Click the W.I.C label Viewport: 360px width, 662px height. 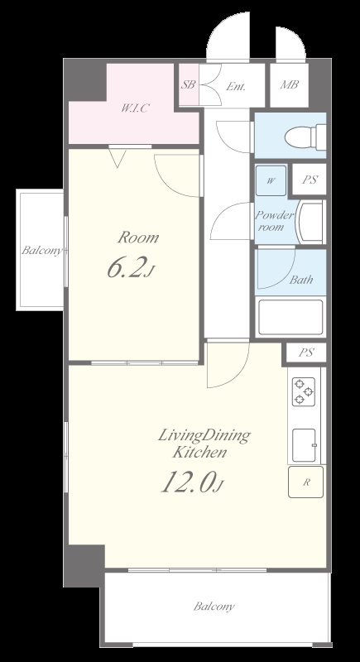coord(135,108)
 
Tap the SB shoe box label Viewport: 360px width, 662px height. coord(188,84)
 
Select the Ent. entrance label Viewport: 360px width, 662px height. coord(236,87)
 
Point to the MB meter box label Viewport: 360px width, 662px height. coord(289,84)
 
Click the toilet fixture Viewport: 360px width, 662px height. coord(305,137)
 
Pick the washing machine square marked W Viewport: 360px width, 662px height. coord(271,180)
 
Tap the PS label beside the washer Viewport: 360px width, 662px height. coord(310,180)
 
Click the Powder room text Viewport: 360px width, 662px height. coord(273,221)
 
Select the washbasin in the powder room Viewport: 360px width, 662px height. coord(310,222)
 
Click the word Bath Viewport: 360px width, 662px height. coord(301,280)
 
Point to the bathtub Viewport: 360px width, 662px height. coord(290,317)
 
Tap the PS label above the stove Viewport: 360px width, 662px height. coord(306,353)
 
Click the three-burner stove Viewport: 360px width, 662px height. coord(304,391)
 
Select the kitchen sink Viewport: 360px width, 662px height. coord(304,445)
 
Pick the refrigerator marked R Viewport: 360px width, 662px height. coord(306,482)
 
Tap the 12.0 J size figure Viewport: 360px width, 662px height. coord(191,482)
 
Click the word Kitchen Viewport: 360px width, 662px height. coord(199,453)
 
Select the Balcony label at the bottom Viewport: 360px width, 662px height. coord(214,607)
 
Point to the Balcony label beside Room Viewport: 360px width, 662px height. coord(41,251)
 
